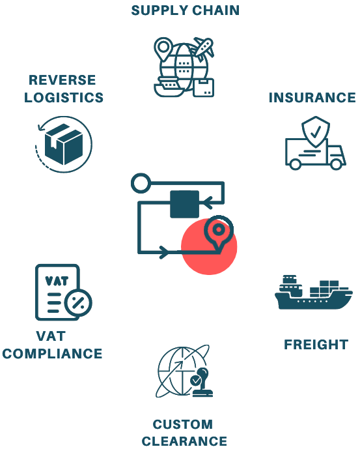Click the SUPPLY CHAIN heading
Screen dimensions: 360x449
point(185,10)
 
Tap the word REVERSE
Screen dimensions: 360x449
point(62,80)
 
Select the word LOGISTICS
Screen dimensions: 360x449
point(64,97)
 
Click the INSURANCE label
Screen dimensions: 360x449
point(312,98)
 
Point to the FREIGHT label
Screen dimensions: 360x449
point(316,345)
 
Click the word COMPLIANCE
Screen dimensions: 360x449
point(52,354)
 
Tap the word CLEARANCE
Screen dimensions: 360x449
point(184,441)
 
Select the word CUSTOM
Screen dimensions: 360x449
point(183,424)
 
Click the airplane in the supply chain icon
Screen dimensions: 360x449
point(204,48)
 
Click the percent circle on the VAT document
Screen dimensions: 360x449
point(78,303)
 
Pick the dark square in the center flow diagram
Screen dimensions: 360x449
point(185,204)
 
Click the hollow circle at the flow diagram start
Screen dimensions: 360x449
point(141,183)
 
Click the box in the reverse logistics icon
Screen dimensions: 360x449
point(64,144)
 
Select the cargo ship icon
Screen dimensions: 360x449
point(313,293)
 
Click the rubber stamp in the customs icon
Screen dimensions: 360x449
point(202,383)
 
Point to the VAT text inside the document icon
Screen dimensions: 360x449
point(57,282)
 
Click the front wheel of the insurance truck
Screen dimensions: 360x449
point(336,164)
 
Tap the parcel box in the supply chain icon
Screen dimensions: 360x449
point(204,87)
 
